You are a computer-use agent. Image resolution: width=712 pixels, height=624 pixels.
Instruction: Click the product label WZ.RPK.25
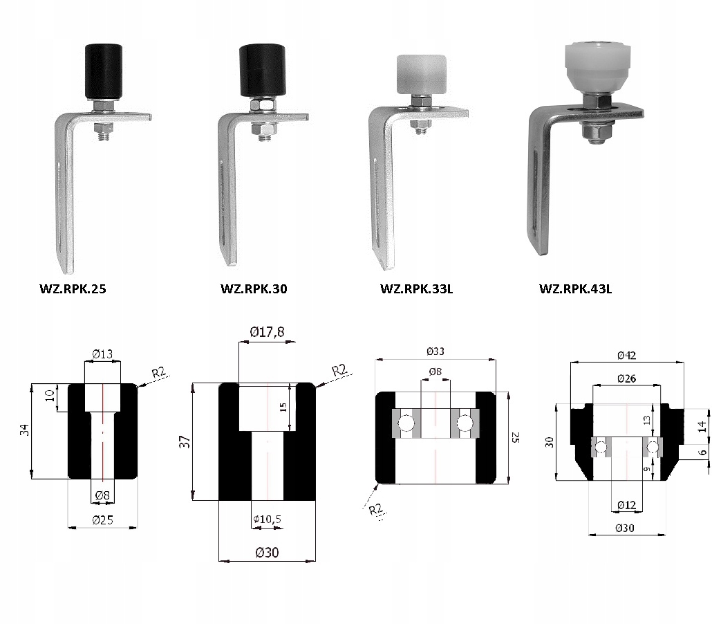73,288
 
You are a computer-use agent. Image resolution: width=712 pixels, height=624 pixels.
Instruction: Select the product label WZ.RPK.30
254,288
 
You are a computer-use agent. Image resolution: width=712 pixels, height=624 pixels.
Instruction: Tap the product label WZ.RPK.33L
416,288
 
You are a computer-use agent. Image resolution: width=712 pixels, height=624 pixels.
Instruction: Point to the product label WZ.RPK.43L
575,288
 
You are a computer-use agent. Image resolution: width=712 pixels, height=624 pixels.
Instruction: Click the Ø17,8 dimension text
267,332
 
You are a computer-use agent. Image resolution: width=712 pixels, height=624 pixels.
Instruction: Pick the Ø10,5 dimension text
268,519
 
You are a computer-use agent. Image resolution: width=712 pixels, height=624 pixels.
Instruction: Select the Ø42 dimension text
627,355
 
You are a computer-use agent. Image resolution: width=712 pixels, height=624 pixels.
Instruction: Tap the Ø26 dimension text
627,378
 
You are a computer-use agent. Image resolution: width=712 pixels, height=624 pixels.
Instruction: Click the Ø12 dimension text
627,504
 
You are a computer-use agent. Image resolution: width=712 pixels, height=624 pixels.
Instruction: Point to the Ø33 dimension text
435,351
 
